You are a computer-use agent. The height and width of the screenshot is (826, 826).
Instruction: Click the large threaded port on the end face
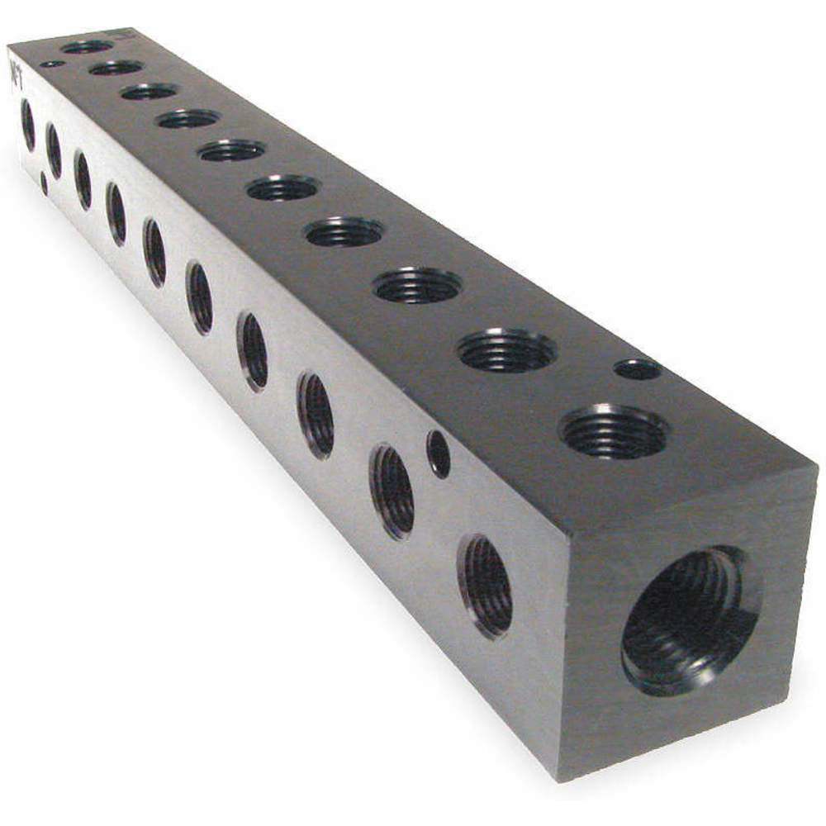coord(691,619)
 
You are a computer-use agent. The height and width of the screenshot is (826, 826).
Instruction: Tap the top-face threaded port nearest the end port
coord(614,430)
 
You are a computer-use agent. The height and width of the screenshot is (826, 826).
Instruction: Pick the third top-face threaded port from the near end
coord(417,286)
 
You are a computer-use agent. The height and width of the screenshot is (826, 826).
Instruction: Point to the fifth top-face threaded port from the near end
coord(282,188)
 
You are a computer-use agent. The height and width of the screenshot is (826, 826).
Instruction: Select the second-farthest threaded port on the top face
coord(116,68)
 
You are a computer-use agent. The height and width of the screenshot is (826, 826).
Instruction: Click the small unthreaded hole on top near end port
coord(638,368)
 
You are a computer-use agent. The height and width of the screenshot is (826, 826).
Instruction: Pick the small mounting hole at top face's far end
coord(51,64)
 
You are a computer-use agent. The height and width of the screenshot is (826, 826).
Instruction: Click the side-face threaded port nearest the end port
coord(486,586)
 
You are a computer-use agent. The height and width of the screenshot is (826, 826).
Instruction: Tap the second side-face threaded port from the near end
coord(392,491)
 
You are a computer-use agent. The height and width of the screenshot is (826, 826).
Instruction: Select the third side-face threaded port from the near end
coord(316,415)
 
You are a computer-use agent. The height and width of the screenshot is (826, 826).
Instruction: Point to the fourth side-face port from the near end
coord(253,350)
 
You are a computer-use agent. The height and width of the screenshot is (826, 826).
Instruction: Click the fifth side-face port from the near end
coord(199,297)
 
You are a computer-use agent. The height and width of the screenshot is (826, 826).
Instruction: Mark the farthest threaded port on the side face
coord(27,124)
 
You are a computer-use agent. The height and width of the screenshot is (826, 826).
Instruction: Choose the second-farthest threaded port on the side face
coord(54,150)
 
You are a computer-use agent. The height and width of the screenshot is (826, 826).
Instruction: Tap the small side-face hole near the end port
coord(438,453)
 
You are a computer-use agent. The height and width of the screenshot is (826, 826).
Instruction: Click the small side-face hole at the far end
coord(44,183)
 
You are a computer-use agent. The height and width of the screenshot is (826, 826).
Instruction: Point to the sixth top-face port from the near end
coord(231,151)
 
